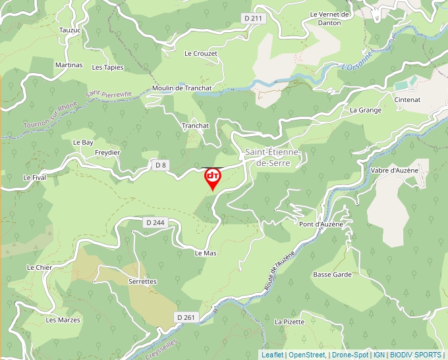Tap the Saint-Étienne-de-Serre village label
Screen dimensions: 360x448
(x=272, y=157)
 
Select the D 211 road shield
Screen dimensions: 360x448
(x=253, y=18)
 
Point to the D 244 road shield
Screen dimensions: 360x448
(x=155, y=222)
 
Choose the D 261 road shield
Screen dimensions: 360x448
(x=186, y=317)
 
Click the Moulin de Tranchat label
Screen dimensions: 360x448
(x=173, y=88)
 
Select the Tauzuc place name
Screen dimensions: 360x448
(x=69, y=30)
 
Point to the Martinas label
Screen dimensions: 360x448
(x=69, y=65)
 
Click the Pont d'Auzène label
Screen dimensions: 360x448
(x=321, y=224)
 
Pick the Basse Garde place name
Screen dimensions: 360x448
(x=332, y=274)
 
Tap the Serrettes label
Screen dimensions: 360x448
(x=142, y=281)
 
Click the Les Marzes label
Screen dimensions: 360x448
(x=63, y=320)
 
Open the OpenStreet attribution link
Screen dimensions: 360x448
(x=307, y=355)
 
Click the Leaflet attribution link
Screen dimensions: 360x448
(x=272, y=355)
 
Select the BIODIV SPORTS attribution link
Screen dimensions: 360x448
(x=416, y=355)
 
